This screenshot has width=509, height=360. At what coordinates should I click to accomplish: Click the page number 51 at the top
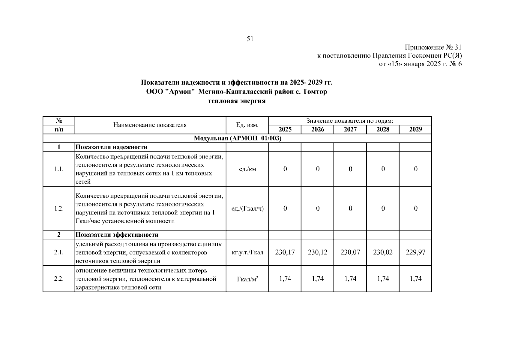point(250,39)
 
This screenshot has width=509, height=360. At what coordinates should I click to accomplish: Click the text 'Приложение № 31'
point(433,47)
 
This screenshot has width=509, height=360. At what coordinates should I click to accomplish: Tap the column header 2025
point(285,129)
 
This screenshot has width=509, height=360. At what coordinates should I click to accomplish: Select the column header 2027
point(350,129)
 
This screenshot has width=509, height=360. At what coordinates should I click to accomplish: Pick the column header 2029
point(415,129)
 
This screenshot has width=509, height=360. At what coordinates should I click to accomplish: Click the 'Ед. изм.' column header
point(247,125)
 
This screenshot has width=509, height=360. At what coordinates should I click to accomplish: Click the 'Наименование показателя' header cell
point(150,125)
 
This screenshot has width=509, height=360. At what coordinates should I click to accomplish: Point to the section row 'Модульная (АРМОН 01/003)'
point(237,138)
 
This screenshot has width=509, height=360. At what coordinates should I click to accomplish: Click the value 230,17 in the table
point(285,252)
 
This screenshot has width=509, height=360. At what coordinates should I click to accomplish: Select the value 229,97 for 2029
point(415,252)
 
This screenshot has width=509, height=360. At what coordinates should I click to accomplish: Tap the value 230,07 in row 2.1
point(350,252)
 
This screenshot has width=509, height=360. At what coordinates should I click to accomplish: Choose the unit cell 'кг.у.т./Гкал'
point(247,252)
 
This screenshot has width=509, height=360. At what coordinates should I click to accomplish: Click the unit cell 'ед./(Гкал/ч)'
point(247,208)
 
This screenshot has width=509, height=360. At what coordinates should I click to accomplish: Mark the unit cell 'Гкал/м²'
point(247,279)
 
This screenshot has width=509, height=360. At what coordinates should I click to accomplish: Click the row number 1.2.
point(59,208)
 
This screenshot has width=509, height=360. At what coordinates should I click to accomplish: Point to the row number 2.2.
point(59,279)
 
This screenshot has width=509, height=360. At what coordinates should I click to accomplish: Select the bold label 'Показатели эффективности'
point(117,235)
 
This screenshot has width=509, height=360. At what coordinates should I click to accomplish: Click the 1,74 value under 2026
point(318,279)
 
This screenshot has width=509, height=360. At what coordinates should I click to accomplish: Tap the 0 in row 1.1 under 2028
point(383,169)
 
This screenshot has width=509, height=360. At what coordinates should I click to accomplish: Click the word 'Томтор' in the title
point(315,91)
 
